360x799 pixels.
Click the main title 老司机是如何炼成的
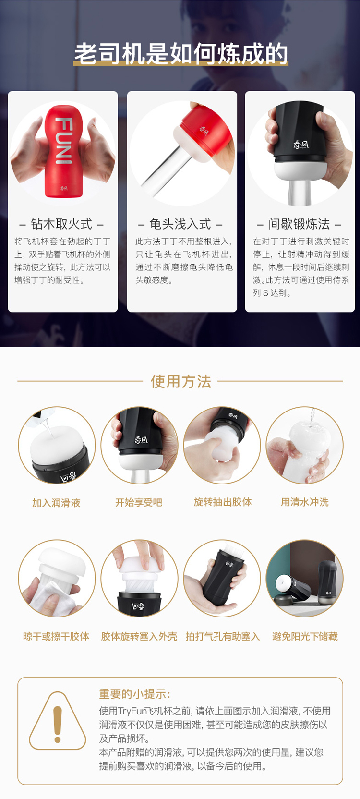tap(180, 54)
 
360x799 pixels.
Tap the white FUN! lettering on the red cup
tap(64, 140)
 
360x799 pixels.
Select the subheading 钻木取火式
tap(61, 224)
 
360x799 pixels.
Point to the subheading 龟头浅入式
tap(180, 224)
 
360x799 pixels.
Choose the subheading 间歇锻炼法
tap(300, 224)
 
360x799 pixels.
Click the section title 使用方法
tap(180, 381)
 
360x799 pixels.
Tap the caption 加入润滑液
tap(56, 503)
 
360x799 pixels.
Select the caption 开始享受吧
tap(139, 503)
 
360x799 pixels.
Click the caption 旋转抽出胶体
tap(223, 502)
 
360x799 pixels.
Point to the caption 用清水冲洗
tap(305, 502)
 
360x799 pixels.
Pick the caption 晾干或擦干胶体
tap(56, 636)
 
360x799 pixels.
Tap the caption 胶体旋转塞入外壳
tap(139, 636)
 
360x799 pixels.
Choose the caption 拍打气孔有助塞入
tap(223, 636)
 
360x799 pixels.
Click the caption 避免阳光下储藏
tap(305, 636)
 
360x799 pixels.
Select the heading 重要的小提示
tap(135, 694)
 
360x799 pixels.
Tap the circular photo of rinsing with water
tap(305, 445)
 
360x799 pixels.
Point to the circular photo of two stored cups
tap(305, 578)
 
